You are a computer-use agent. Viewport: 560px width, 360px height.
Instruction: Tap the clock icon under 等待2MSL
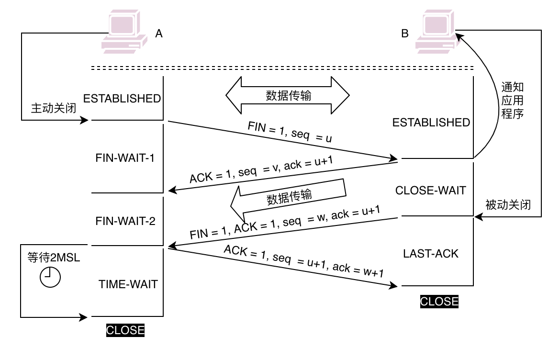(50, 277)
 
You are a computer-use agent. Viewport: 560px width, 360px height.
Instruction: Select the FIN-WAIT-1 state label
(125, 158)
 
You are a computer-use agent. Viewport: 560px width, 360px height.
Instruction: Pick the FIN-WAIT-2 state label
(125, 221)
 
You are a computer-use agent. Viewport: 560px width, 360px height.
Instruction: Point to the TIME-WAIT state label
(128, 284)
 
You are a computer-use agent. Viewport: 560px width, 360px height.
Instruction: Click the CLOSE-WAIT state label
(430, 191)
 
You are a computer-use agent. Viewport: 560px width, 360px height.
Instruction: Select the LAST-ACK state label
(431, 254)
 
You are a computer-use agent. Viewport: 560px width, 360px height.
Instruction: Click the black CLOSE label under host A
(125, 330)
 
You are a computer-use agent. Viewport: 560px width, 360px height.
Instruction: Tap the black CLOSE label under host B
(439, 302)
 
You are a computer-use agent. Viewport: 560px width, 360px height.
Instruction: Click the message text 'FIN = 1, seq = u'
(290, 132)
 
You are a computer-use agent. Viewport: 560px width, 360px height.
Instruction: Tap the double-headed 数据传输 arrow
(289, 96)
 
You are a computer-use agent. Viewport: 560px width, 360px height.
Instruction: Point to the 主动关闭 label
(54, 107)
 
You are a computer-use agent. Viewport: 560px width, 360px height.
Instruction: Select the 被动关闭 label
(508, 205)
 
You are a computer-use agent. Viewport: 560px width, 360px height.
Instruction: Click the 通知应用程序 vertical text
(512, 101)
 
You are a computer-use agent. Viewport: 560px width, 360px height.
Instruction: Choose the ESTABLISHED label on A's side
(122, 99)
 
